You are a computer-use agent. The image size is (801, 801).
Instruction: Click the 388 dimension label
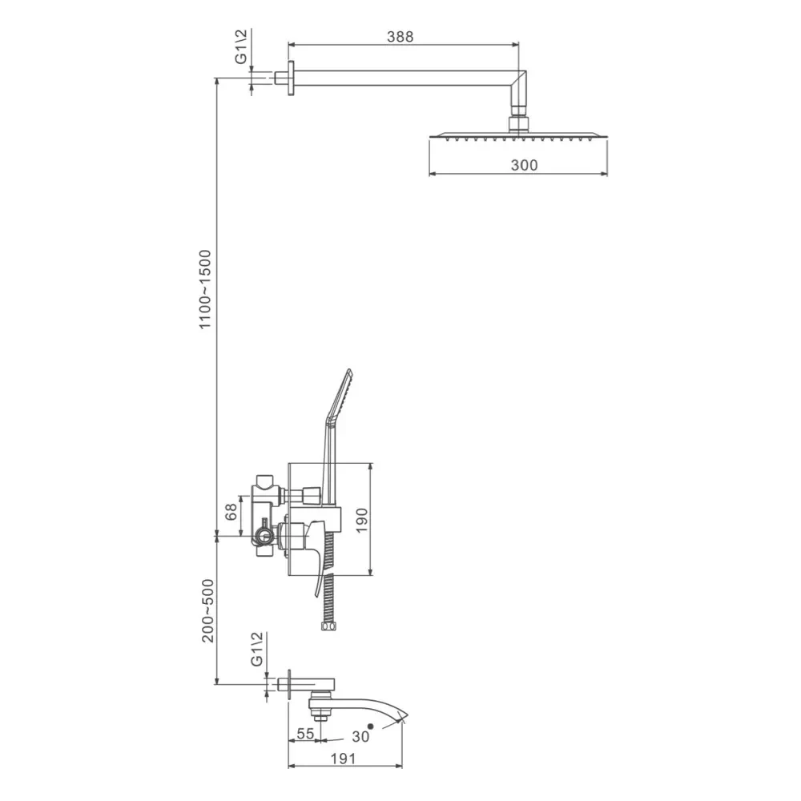click(x=400, y=37)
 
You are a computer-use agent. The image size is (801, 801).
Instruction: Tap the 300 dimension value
click(x=524, y=165)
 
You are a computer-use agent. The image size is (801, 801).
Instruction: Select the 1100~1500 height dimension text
click(x=205, y=290)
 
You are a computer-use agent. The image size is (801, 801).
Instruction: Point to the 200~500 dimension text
click(x=207, y=610)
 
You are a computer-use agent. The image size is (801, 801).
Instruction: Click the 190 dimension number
click(x=362, y=520)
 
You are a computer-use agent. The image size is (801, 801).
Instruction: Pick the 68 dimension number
click(x=231, y=512)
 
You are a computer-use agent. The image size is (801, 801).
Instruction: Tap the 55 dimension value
click(x=305, y=734)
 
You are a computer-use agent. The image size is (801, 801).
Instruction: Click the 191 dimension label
click(x=343, y=759)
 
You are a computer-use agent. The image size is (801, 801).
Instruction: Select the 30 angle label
click(x=360, y=737)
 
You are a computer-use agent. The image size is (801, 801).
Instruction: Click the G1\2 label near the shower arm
click(x=240, y=46)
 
